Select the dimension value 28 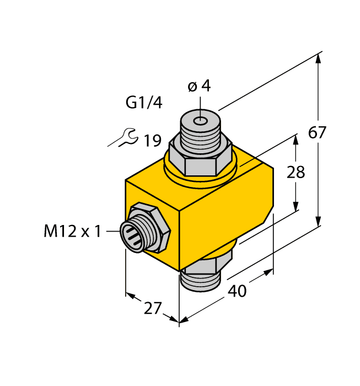[x=296, y=173]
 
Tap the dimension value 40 [x=237, y=291]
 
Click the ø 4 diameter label [x=199, y=87]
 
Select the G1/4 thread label [x=144, y=103]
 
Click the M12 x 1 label [x=72, y=232]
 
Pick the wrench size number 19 [x=152, y=141]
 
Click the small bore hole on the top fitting [x=202, y=120]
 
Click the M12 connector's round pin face [x=135, y=232]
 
